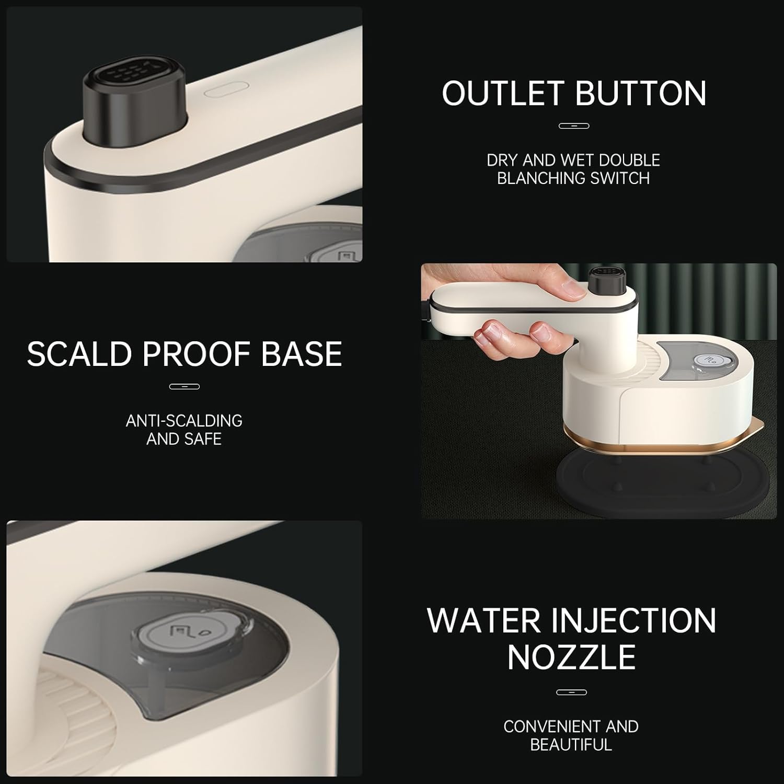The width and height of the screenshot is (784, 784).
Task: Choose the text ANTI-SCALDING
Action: (x=184, y=421)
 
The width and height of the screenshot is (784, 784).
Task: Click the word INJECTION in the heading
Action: (x=633, y=620)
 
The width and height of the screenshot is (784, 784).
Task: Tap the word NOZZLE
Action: (x=571, y=657)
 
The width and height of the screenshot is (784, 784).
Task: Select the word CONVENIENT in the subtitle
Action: (x=544, y=727)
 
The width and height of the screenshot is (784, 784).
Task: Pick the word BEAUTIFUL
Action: (x=571, y=745)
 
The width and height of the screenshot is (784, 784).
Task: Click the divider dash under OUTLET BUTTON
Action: (x=574, y=126)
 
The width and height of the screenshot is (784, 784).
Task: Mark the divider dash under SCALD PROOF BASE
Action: (x=185, y=387)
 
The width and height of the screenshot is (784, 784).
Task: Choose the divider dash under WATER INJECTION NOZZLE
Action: (x=572, y=693)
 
